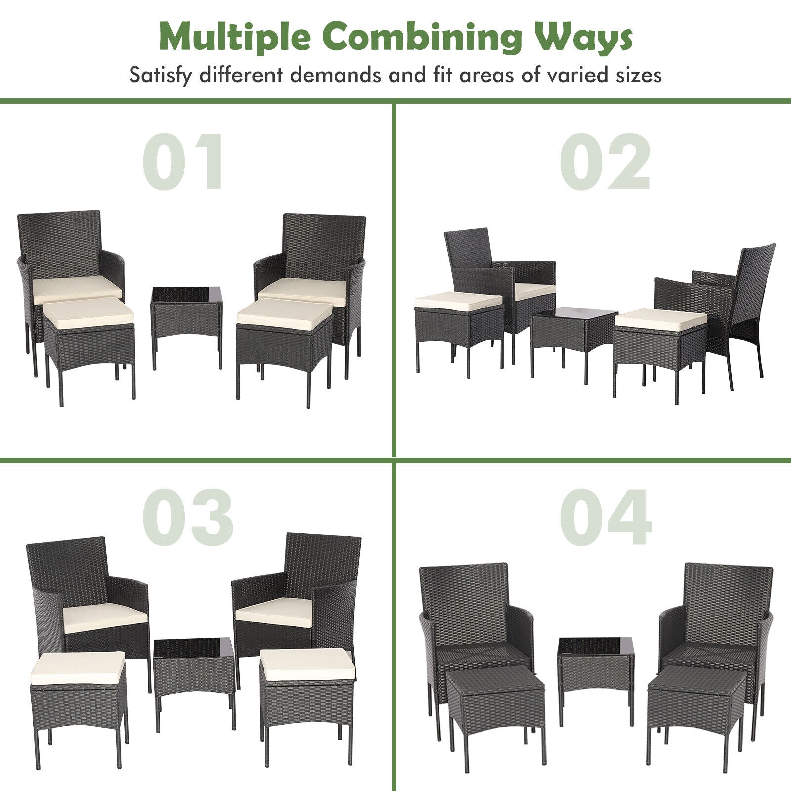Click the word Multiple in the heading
(234, 37)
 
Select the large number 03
(188, 518)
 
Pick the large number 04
(606, 518)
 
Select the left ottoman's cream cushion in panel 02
(458, 301)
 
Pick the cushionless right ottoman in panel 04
(696, 702)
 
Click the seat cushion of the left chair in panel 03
(105, 617)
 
